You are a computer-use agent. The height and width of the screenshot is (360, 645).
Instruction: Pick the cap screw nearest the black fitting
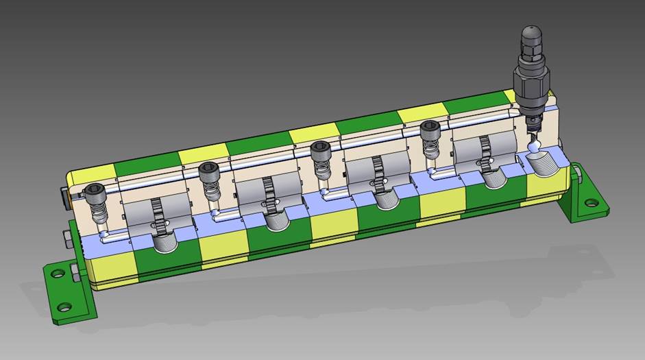click(x=430, y=127)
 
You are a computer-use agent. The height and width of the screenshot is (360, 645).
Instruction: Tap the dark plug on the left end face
click(x=65, y=198)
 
